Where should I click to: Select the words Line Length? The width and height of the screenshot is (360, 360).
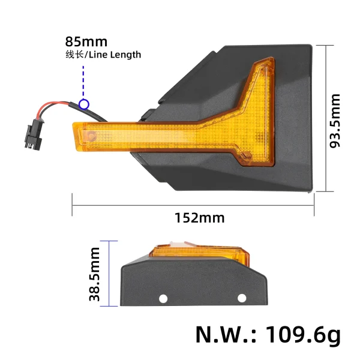pos(116,55)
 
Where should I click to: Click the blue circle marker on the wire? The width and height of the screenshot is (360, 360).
pos(84,104)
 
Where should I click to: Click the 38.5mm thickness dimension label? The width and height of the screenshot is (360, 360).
pos(94,274)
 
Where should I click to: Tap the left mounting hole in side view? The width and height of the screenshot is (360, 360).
pos(163,298)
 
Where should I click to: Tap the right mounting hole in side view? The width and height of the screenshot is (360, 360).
pos(242,298)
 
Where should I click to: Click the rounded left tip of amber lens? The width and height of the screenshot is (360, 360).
pos(77,132)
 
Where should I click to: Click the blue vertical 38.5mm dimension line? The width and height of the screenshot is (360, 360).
pos(109,274)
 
